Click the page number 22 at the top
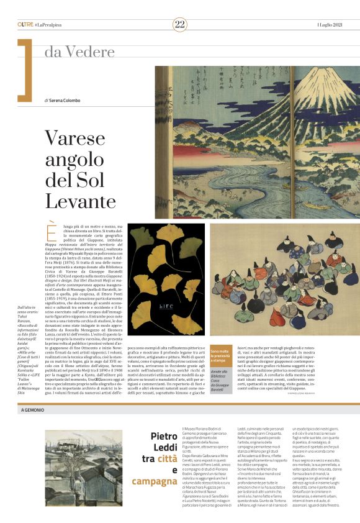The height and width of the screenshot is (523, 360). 180,24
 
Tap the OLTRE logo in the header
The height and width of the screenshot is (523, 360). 25,24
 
